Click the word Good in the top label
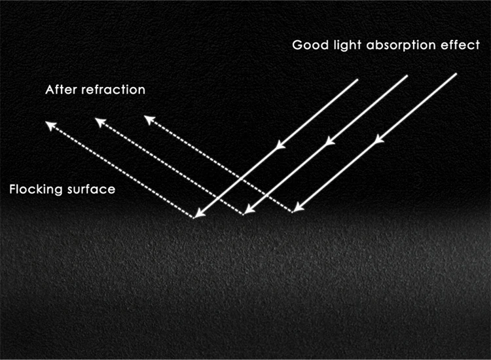(x=306, y=46)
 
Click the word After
(x=60, y=90)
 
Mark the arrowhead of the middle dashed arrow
(x=98, y=121)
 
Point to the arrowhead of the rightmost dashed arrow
(x=148, y=119)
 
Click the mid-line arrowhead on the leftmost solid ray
(x=280, y=144)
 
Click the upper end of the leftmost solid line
(x=358, y=80)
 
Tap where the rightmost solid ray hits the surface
(x=295, y=211)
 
